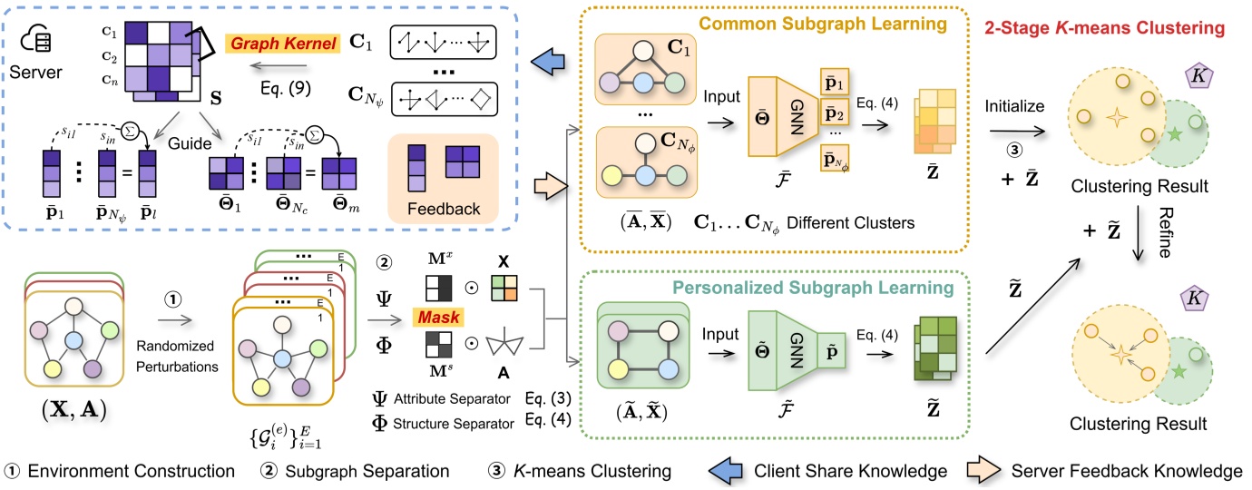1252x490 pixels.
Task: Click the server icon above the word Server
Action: click(34, 40)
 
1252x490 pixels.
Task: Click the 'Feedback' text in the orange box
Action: click(444, 209)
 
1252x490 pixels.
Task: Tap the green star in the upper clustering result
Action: click(1177, 135)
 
